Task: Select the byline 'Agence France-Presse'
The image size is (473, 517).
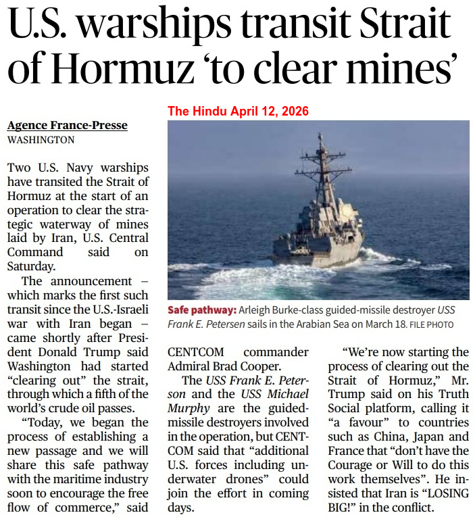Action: pyautogui.click(x=67, y=126)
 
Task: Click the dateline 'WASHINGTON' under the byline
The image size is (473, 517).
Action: pyautogui.click(x=41, y=140)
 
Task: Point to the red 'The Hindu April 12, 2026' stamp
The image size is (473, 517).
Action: pyautogui.click(x=238, y=112)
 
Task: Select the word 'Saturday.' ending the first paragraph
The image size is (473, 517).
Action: pyautogui.click(x=31, y=266)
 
